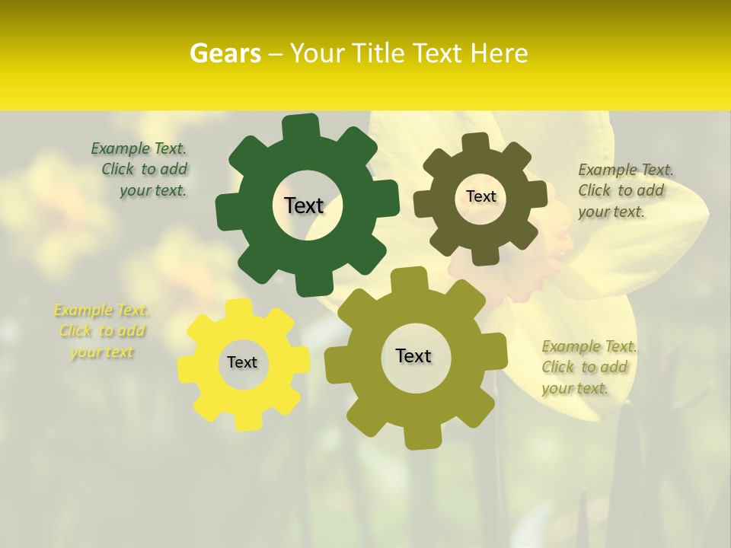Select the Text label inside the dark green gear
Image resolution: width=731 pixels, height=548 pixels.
(x=304, y=205)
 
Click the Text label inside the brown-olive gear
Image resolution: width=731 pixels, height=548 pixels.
(x=480, y=196)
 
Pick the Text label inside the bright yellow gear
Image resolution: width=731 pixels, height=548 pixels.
(x=242, y=362)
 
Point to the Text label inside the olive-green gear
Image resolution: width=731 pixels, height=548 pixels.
(x=413, y=355)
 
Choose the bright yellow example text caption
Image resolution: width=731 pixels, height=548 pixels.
(x=101, y=331)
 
